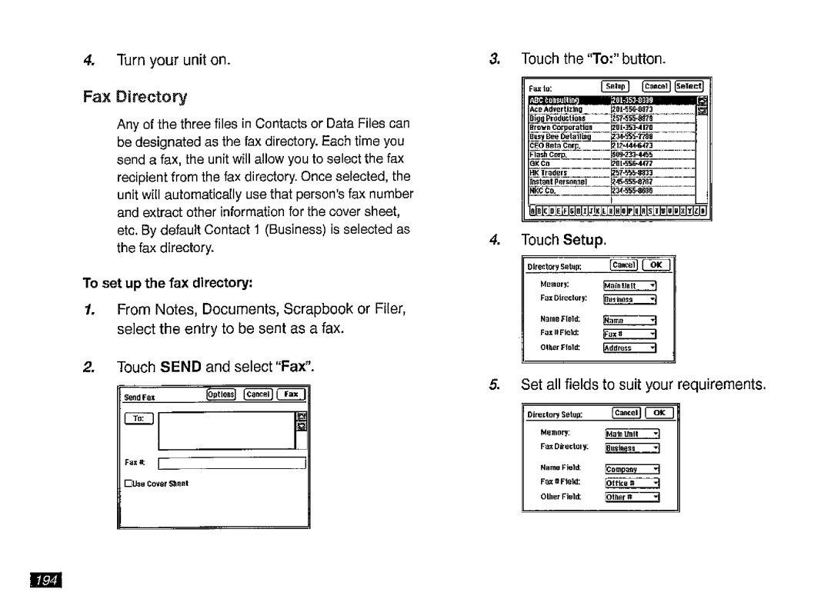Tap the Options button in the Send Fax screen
pyautogui.click(x=222, y=395)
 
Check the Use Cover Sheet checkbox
pyautogui.click(x=128, y=483)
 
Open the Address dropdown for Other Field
pyautogui.click(x=629, y=348)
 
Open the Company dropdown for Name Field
pyautogui.click(x=632, y=469)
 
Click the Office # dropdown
pyautogui.click(x=632, y=482)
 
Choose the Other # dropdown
pyautogui.click(x=632, y=496)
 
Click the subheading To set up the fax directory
pyautogui.click(x=168, y=283)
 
